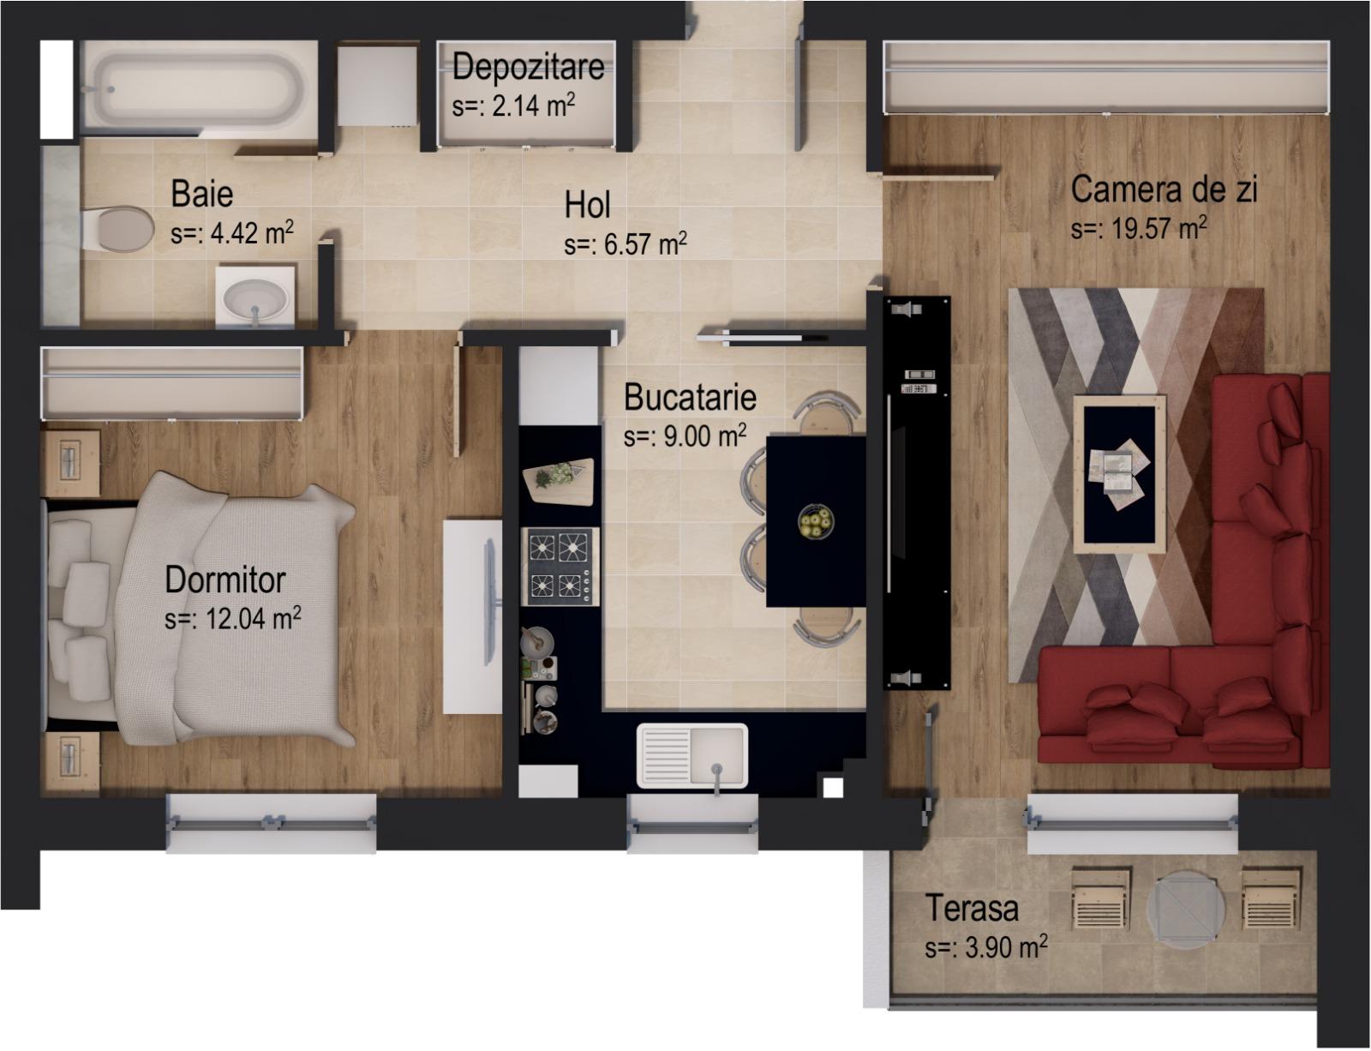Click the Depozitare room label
[528, 66]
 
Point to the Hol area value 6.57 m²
[626, 244]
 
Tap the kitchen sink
[692, 754]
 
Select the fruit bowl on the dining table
[816, 521]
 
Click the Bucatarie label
[690, 398]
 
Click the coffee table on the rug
[1120, 475]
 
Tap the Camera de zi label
[1164, 189]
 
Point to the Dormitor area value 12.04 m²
[232, 618]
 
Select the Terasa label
[972, 909]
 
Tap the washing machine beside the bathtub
[377, 86]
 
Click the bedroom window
[271, 823]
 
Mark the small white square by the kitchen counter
[830, 786]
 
